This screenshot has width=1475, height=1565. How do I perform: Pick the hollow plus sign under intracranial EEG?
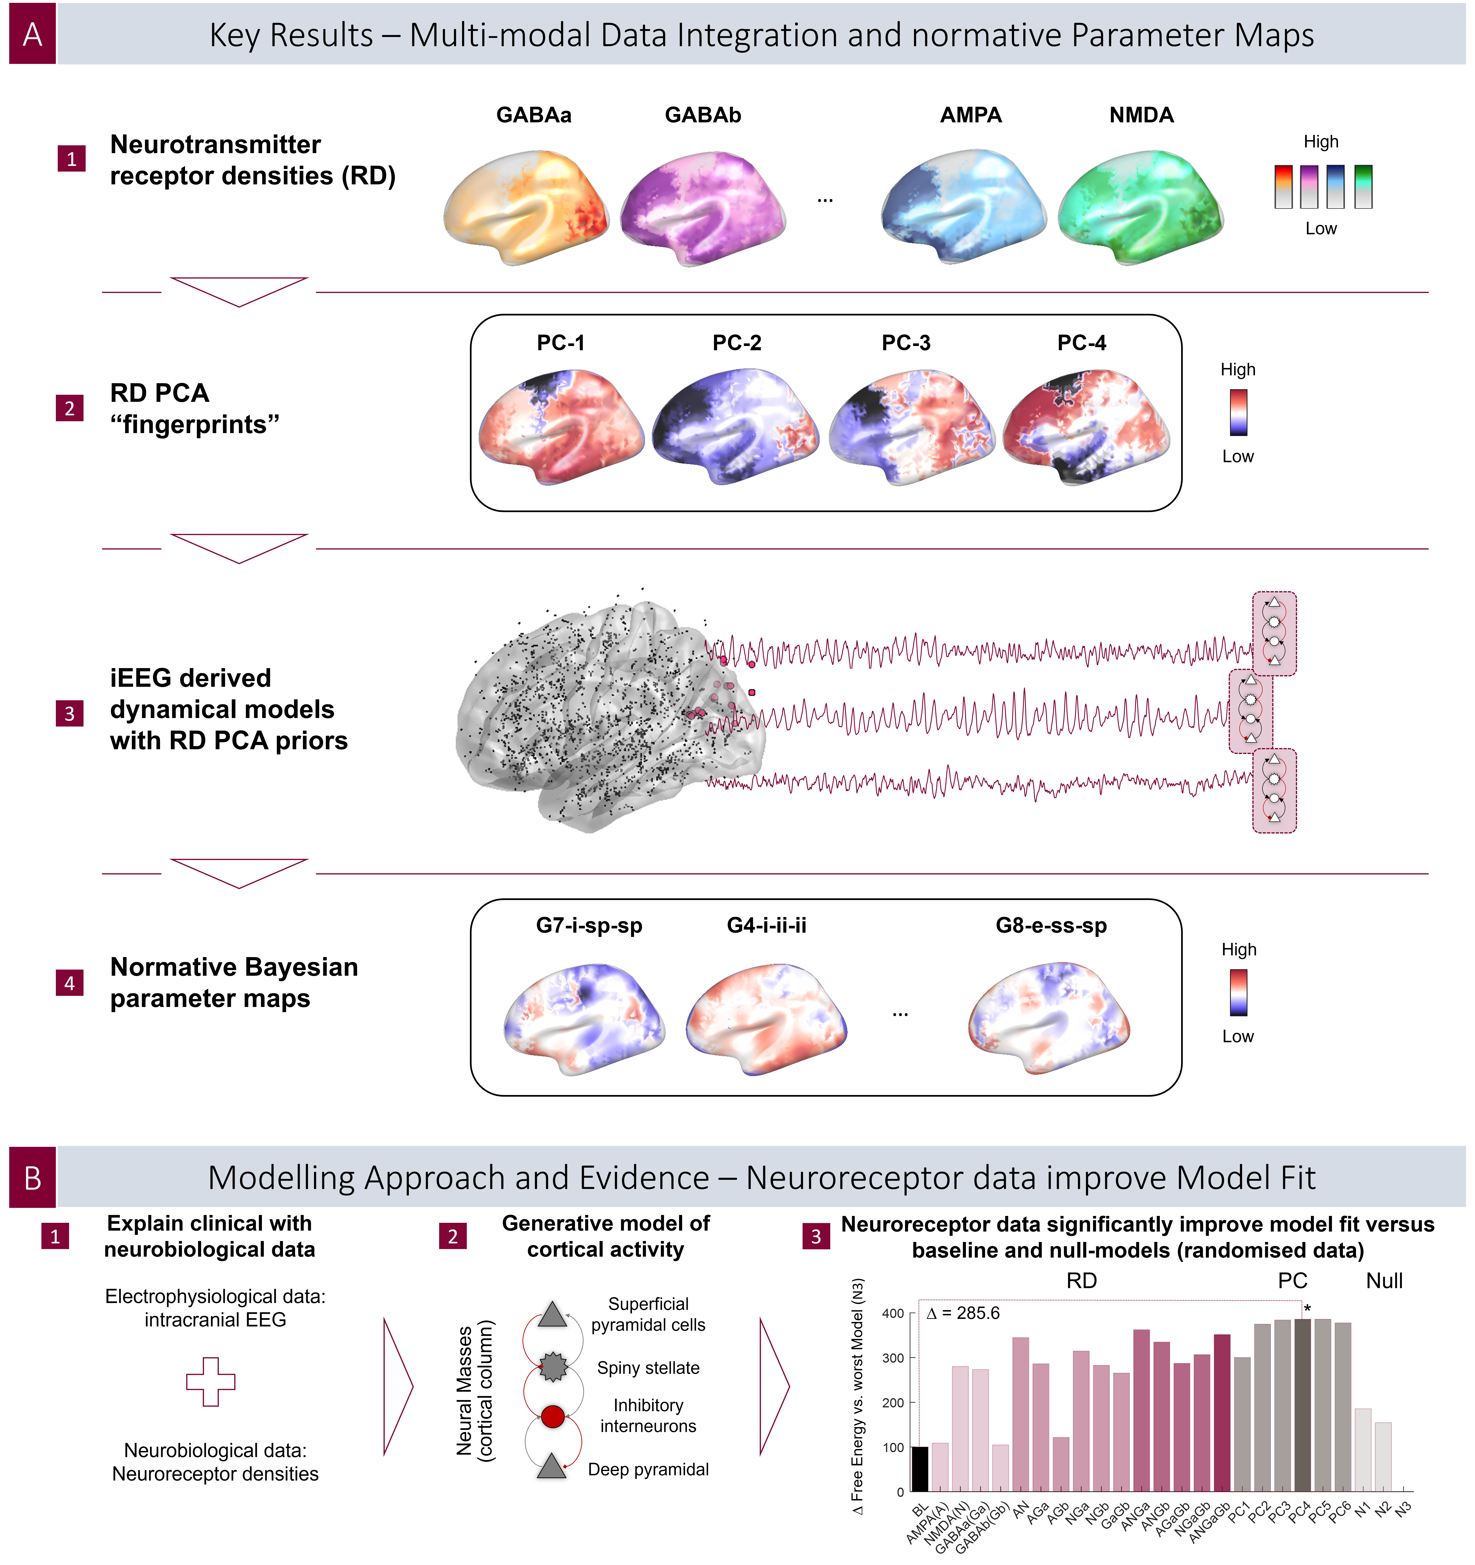click(x=210, y=1382)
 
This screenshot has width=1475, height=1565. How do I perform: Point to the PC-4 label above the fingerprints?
click(x=1082, y=343)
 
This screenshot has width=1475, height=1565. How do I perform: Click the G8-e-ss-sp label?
click(x=1051, y=926)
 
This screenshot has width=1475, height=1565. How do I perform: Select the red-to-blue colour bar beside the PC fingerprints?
click(x=1238, y=413)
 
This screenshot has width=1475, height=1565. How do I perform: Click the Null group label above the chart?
click(x=1384, y=1281)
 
